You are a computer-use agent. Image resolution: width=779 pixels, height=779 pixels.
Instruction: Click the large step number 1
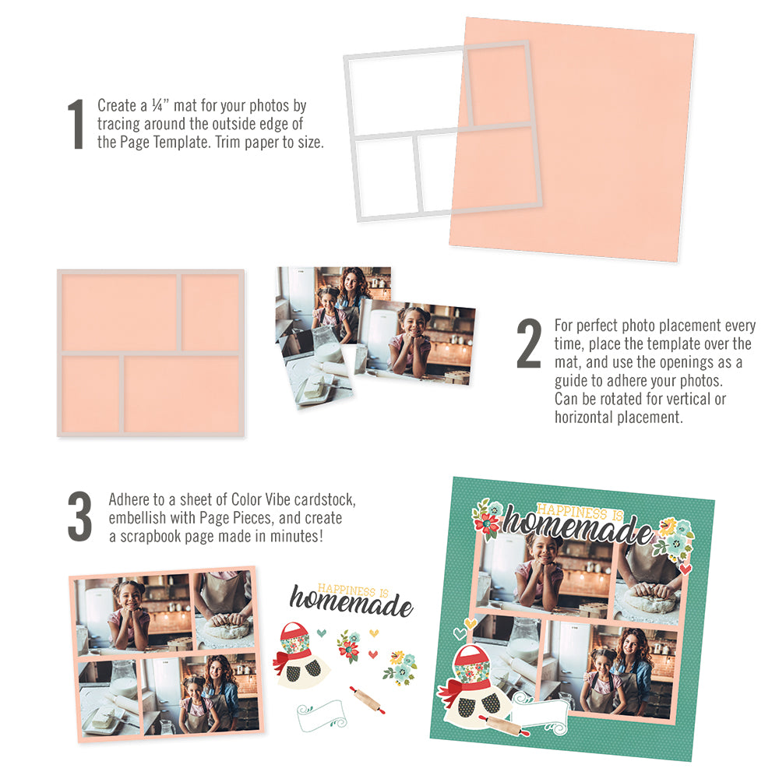[76, 125]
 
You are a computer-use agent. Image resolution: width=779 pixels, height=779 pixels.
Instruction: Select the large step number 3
[79, 517]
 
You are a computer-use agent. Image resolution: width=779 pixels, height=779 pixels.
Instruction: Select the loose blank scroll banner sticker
[321, 712]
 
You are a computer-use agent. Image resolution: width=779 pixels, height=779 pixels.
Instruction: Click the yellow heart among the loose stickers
[374, 632]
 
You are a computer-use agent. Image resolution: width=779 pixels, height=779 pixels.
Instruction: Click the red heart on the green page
[685, 569]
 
